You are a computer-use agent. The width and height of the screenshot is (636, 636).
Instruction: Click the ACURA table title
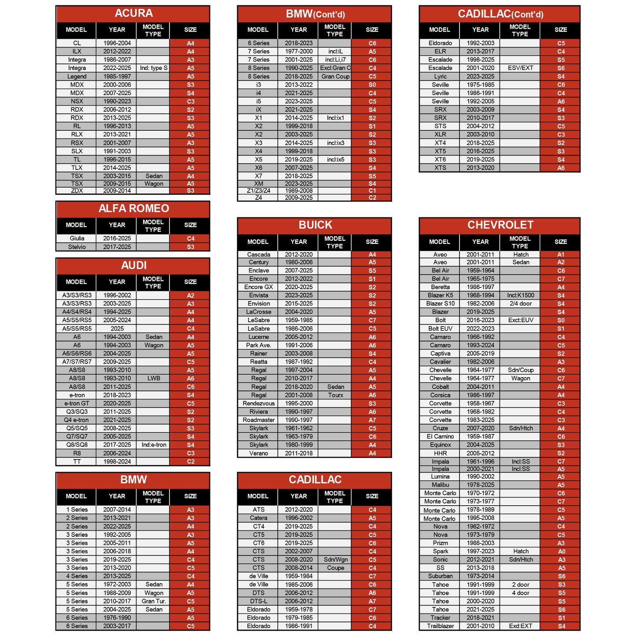(133, 14)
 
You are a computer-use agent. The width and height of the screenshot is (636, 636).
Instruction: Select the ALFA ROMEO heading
(133, 209)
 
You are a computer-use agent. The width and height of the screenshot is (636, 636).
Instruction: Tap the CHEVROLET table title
(500, 225)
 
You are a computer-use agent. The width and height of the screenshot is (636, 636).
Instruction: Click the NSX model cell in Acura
(77, 101)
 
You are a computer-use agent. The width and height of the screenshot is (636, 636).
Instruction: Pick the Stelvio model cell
(77, 247)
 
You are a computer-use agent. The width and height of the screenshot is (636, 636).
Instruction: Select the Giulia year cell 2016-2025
(117, 239)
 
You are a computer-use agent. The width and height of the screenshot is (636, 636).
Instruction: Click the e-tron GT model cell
(77, 404)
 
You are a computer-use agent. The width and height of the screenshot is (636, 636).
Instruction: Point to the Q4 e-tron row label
(77, 420)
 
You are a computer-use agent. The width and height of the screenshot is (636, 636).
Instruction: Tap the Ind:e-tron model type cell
(154, 445)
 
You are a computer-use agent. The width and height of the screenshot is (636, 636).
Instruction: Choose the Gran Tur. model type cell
(154, 601)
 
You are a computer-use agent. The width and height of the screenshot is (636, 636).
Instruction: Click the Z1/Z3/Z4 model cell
(258, 191)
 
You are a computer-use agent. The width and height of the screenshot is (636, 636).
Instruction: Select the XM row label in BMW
(258, 184)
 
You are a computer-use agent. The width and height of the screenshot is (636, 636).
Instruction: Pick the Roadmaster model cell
(258, 420)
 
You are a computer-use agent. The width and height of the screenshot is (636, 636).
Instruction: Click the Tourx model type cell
(335, 395)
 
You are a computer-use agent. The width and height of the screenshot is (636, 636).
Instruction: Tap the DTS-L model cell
(258, 601)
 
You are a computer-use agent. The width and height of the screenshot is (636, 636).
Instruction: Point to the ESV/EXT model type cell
(520, 68)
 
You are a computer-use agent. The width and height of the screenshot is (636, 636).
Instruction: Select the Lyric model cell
(440, 77)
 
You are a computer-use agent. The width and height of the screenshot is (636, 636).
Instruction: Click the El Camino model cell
(440, 437)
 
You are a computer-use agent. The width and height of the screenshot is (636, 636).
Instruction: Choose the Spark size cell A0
(561, 551)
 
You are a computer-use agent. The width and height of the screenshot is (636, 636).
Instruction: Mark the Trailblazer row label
(440, 626)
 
